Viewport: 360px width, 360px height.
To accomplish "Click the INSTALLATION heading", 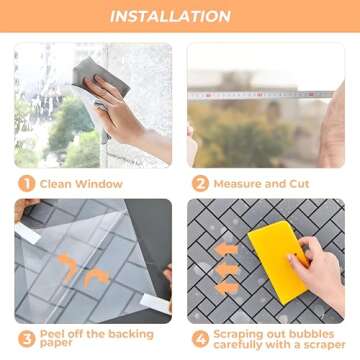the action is [170, 17].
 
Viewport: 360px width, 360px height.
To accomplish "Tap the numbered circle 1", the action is [27, 184].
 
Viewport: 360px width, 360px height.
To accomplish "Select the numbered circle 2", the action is [200, 184].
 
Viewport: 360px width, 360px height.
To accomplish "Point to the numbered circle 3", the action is [27, 340].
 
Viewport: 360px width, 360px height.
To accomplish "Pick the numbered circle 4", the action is [200, 340].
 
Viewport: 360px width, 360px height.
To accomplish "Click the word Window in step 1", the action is [99, 184].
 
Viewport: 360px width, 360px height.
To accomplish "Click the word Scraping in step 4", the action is [237, 335].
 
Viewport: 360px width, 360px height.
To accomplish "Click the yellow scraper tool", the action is [279, 261].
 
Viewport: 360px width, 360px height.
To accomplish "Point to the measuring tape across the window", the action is [261, 95].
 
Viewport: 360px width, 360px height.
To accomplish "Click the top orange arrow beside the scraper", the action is [226, 249].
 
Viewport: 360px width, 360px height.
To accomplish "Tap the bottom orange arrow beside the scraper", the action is [227, 288].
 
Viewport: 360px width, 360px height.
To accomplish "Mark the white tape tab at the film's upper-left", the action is [28, 233].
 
